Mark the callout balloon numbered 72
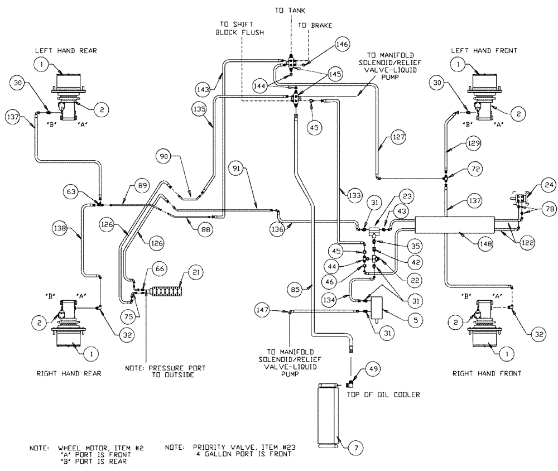[x=475, y=169]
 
